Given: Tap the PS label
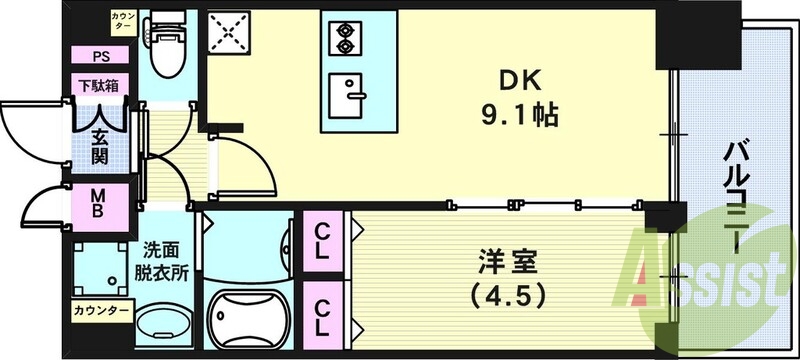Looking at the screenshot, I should (100, 57).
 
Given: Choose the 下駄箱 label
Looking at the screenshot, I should (100, 86).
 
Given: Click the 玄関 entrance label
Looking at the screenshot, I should (101, 147).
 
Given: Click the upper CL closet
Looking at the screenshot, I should (322, 242).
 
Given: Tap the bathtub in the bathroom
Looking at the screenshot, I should (251, 317).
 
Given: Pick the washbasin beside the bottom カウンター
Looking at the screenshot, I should (166, 324).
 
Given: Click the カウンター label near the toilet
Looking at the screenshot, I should (123, 20).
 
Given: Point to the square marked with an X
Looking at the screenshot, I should (230, 38).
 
